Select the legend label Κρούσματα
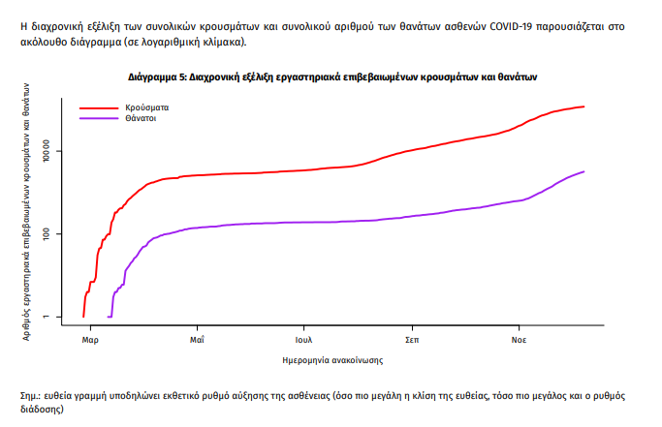click(146, 107)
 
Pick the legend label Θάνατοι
click(142, 118)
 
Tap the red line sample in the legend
click(97, 107)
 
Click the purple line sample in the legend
click(97, 118)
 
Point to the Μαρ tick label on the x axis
click(90, 340)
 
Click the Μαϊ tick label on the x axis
click(196, 340)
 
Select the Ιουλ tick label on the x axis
click(303, 340)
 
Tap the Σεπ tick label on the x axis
click(412, 340)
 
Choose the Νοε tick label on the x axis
click(520, 340)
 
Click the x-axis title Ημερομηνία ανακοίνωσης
click(331, 360)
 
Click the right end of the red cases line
click(583, 107)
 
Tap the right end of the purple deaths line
click(583, 171)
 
